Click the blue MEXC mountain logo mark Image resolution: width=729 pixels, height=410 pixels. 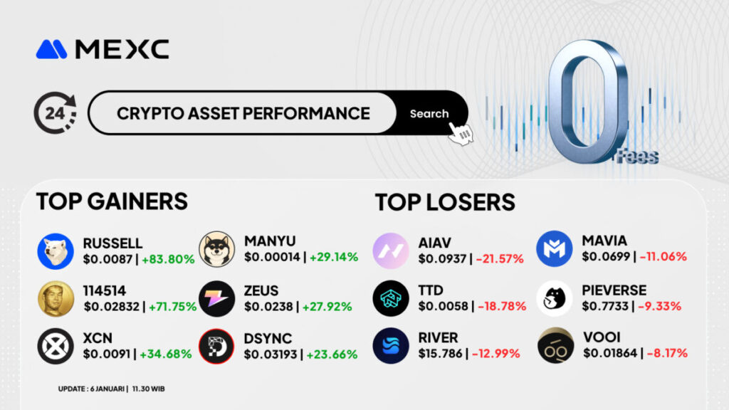point(51,49)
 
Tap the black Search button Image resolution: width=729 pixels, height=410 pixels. point(430,113)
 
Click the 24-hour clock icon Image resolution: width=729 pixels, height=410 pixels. point(55,112)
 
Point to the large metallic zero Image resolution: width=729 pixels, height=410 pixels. point(588,101)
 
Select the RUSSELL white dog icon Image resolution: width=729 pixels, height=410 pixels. point(56,251)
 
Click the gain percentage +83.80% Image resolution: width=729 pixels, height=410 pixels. point(168,259)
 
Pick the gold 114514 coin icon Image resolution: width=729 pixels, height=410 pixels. point(56,299)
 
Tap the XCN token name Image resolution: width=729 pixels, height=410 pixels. point(98,338)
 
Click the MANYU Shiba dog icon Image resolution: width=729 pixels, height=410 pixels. point(216,249)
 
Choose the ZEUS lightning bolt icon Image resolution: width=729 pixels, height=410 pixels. point(216,298)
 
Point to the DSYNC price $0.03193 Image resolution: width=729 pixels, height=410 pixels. point(271,354)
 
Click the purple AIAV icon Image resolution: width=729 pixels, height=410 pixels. point(391,251)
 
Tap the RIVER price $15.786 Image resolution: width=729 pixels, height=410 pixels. point(440,354)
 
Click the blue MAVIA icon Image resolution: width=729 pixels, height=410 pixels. point(554,248)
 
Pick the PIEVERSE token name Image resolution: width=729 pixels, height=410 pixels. point(614,290)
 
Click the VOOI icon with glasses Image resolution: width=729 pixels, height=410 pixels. point(555,345)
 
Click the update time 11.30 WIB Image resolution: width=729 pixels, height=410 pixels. point(148,389)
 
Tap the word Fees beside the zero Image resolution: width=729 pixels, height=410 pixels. point(637,157)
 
